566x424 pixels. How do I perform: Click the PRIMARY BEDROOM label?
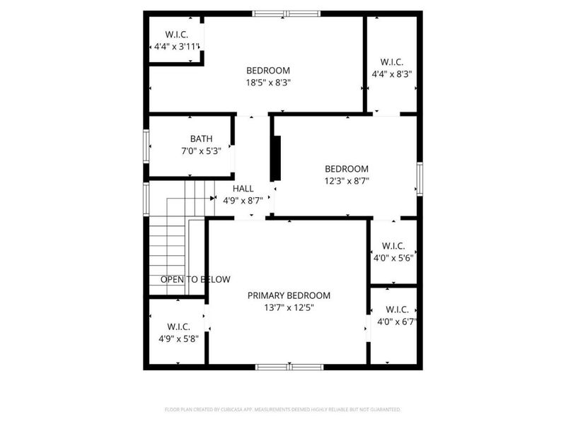click(289, 295)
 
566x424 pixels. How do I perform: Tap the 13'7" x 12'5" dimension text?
click(289, 307)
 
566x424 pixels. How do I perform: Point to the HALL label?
click(243, 189)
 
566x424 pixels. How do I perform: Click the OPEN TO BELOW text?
click(195, 280)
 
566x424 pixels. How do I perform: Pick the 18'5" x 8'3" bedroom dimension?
click(268, 82)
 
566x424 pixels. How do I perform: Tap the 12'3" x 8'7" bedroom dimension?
click(347, 181)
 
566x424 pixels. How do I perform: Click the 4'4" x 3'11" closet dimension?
click(177, 47)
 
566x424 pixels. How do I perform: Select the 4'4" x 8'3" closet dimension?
click(392, 73)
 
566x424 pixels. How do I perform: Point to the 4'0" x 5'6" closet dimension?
click(393, 258)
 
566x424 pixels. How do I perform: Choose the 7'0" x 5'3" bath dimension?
click(191, 151)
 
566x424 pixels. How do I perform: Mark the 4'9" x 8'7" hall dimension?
click(243, 201)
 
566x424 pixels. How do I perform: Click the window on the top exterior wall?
click(287, 13)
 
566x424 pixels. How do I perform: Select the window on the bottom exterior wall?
click(289, 367)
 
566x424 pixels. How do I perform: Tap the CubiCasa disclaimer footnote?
click(282, 409)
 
